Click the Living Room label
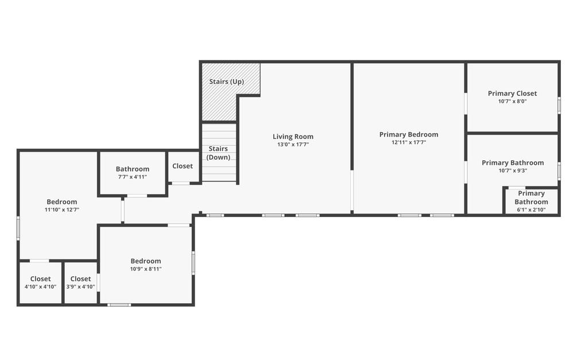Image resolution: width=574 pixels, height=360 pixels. pyautogui.click(x=293, y=137)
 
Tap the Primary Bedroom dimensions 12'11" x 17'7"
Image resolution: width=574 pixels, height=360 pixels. pyautogui.click(x=409, y=142)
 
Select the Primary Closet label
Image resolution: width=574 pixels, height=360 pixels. pyautogui.click(x=512, y=94)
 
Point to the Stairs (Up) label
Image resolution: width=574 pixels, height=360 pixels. pyautogui.click(x=226, y=82)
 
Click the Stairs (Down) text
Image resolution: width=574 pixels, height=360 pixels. pyautogui.click(x=218, y=153)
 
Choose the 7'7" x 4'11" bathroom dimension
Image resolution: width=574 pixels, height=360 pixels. pyautogui.click(x=133, y=177)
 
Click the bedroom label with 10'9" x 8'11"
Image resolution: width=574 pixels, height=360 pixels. pyautogui.click(x=146, y=261)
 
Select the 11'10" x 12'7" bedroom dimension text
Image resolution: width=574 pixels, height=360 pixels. pyautogui.click(x=62, y=210)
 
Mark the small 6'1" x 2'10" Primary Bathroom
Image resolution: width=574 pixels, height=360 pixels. pyautogui.click(x=531, y=201)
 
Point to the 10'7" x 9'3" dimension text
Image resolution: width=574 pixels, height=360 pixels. pyautogui.click(x=513, y=171)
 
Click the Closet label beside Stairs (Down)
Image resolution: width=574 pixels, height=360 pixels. pyautogui.click(x=183, y=166)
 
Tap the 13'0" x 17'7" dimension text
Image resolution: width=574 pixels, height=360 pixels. pyautogui.click(x=293, y=145)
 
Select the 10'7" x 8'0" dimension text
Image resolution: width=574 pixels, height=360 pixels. pyautogui.click(x=512, y=102)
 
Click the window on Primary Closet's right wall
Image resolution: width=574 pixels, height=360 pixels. pyautogui.click(x=559, y=104)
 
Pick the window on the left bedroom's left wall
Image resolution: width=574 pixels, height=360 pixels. pyautogui.click(x=18, y=229)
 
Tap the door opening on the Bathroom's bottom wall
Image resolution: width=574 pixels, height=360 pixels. pyautogui.click(x=137, y=196)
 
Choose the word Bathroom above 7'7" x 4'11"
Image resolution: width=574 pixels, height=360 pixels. pyautogui.click(x=133, y=169)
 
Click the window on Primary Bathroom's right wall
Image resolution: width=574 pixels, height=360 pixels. pyautogui.click(x=559, y=171)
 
